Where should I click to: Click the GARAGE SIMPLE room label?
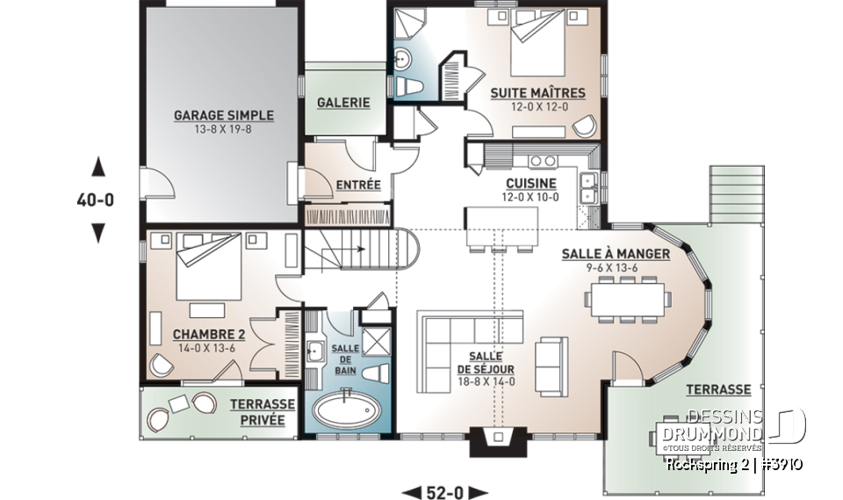pos(223,115)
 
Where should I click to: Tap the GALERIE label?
pos(342,102)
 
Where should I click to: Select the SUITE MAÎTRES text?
pos(537,92)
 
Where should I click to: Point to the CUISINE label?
pos(530,184)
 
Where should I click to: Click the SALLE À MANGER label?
pos(616,254)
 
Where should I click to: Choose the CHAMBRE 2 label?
pos(208,334)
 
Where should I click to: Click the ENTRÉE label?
pos(358,185)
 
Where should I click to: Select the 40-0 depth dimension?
pos(96,199)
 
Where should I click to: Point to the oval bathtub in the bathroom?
pos(346,410)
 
